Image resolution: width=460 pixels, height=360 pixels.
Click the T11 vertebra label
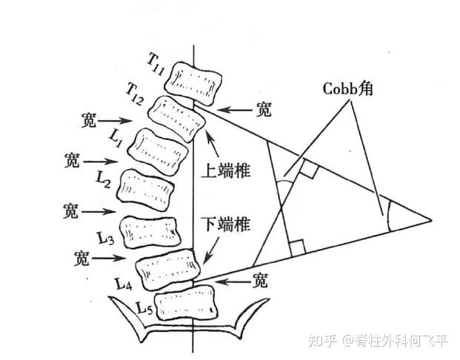pyautogui.click(x=156, y=64)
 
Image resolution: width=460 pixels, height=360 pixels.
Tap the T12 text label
pyautogui.click(x=135, y=93)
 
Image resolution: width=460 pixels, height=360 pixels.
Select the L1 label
pyautogui.click(x=116, y=138)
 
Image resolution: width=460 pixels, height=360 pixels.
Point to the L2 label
pyautogui.click(x=103, y=179)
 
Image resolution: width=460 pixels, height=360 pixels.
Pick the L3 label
pyautogui.click(x=106, y=238)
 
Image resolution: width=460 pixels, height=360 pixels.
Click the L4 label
pyautogui.click(x=123, y=284)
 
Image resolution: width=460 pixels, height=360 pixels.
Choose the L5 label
pyautogui.click(x=144, y=307)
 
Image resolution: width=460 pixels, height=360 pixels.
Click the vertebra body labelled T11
pyautogui.click(x=193, y=83)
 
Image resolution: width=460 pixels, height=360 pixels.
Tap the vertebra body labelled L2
pyautogui.click(x=145, y=190)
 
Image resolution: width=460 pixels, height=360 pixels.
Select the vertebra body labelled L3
pyautogui.click(x=150, y=233)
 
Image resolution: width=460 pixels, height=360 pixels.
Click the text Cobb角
pyautogui.click(x=347, y=88)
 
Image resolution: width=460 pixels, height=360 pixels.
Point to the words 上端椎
pyautogui.click(x=226, y=170)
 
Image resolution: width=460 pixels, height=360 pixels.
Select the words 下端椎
pyautogui.click(x=226, y=224)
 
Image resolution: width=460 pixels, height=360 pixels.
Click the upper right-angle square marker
pyautogui.click(x=308, y=170)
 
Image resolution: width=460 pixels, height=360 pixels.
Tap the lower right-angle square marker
pyautogui.click(x=297, y=248)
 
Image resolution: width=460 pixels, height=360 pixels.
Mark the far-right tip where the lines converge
pyautogui.click(x=432, y=219)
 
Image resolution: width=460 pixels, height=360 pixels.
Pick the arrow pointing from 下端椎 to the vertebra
pyautogui.click(x=210, y=251)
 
